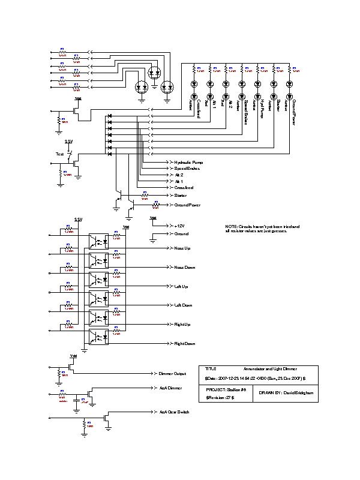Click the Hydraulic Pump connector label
click(188, 163)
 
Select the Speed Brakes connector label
click(187, 169)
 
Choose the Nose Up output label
click(182, 248)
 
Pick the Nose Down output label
click(184, 267)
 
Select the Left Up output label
click(181, 286)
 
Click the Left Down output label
click(183, 305)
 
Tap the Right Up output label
click(182, 325)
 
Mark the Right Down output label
click(184, 344)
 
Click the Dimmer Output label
click(172, 373)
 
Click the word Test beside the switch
click(59, 154)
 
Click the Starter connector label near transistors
click(180, 196)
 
